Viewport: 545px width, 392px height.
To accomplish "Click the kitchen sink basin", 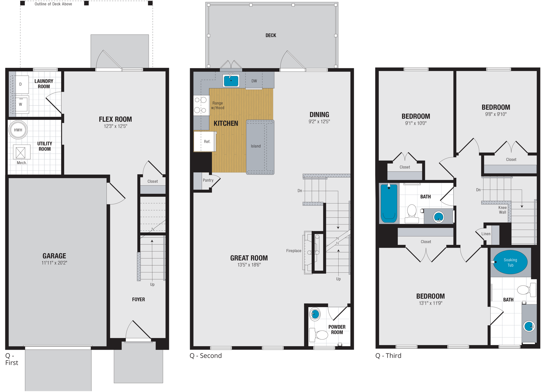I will point(231,81).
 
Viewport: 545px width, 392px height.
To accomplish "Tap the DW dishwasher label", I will point(254,81).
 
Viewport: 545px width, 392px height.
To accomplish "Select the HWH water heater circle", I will point(18,130).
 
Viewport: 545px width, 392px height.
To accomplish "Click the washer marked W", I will point(21,104).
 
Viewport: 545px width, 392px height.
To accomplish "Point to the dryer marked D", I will point(20,84).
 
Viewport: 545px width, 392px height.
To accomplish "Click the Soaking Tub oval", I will point(510,262).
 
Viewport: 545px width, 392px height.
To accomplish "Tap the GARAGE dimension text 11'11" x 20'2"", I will point(54,263).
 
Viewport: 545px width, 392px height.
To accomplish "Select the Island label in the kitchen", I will point(255,146).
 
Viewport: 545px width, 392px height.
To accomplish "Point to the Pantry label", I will point(208,180).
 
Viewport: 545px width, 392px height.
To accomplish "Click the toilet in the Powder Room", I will point(319,335).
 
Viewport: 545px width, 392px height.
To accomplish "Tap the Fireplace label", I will point(294,251).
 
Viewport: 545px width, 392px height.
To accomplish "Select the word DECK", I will point(271,35).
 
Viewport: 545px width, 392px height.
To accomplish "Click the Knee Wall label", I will point(502,210).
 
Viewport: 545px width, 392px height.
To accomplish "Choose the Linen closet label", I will point(486,234).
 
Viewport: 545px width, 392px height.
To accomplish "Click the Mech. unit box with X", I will point(20,152).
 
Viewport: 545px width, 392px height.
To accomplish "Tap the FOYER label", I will point(138,299).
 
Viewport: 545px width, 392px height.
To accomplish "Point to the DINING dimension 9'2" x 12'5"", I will point(319,121).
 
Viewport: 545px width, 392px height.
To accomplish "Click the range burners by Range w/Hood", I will point(201,105).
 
